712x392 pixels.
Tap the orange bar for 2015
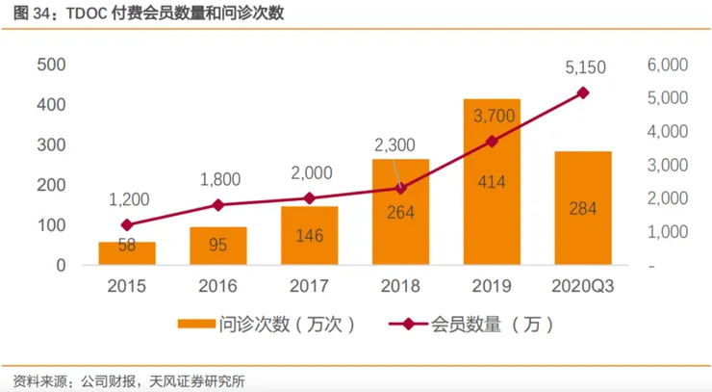[x=127, y=253]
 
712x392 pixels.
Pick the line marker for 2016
[x=218, y=205]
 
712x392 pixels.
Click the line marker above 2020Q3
[x=583, y=92]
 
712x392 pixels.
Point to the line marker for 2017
[x=309, y=198]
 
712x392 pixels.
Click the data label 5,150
[x=583, y=68]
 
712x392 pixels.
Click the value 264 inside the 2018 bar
[x=400, y=214]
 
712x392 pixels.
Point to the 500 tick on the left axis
[x=51, y=65]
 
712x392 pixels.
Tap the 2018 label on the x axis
[x=400, y=285]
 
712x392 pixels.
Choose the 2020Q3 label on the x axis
[x=583, y=285]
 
